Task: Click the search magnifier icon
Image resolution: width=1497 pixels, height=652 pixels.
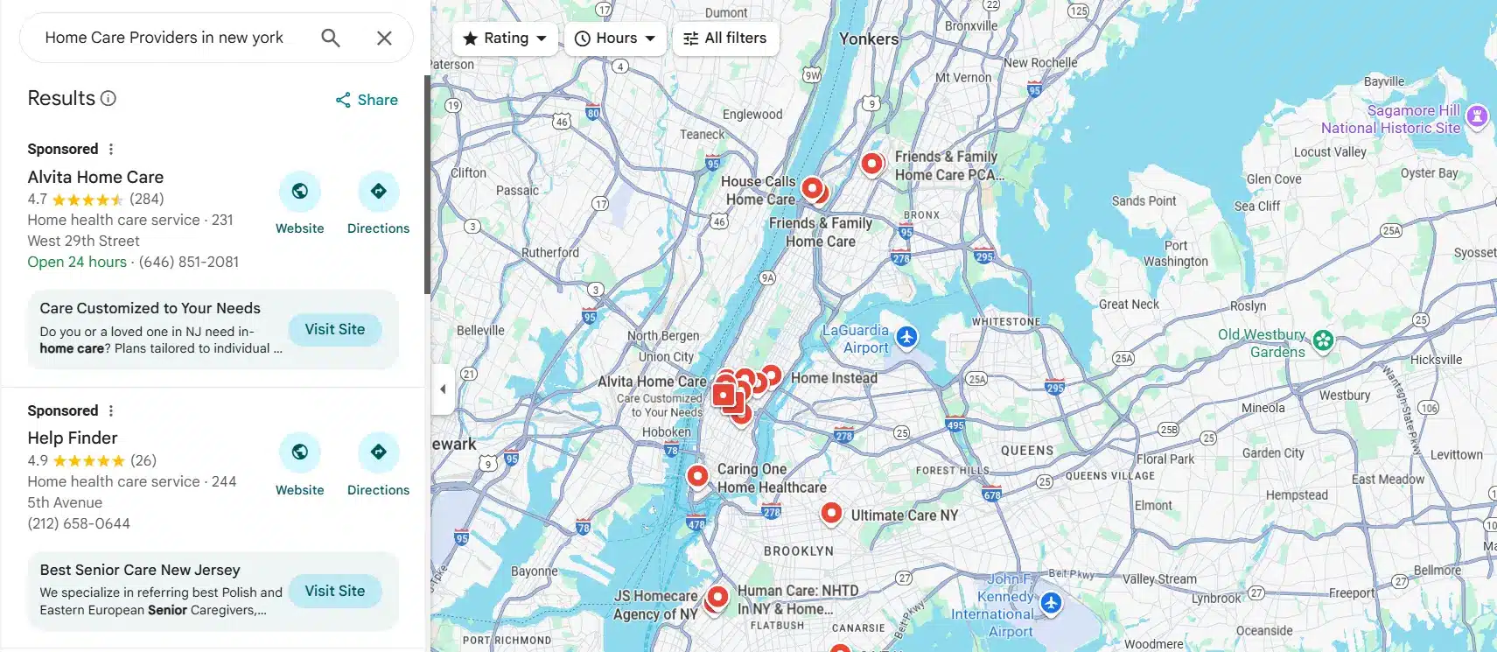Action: click(330, 38)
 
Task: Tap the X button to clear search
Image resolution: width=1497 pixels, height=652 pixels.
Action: click(384, 38)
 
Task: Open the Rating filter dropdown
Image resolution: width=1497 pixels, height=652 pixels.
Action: click(505, 39)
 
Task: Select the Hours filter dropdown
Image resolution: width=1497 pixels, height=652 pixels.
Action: click(615, 39)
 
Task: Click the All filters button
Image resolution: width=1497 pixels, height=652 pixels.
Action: click(725, 39)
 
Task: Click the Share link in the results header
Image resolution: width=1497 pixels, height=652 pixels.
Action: click(367, 100)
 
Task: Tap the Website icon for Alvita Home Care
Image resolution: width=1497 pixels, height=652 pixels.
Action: click(300, 192)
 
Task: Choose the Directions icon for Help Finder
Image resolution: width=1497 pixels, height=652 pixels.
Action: click(378, 452)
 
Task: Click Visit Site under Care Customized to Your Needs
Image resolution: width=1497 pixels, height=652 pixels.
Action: click(335, 330)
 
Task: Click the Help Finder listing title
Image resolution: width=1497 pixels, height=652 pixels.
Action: click(73, 438)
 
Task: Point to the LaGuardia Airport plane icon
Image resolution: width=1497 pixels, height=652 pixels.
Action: click(907, 337)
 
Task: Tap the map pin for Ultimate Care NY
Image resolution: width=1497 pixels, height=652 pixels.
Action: click(831, 513)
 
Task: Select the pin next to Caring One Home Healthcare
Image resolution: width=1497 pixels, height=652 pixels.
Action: click(697, 476)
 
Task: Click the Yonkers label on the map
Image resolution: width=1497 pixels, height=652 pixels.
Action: click(869, 39)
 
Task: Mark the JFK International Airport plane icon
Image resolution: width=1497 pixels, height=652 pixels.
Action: click(1051, 602)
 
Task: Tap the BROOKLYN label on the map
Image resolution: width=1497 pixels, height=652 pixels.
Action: click(799, 551)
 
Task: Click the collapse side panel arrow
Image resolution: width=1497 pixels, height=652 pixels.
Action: click(443, 389)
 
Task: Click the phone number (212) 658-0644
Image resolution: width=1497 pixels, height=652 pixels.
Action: click(79, 523)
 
